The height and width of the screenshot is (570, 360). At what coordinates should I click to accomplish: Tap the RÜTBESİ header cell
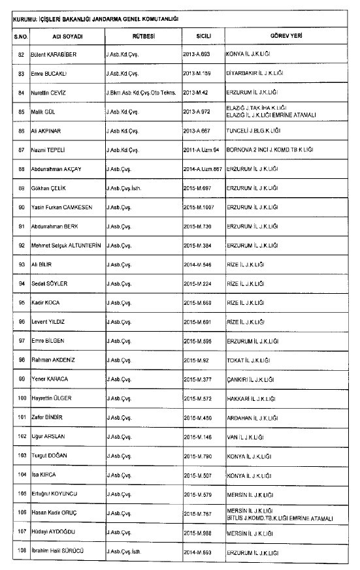pyautogui.click(x=142, y=35)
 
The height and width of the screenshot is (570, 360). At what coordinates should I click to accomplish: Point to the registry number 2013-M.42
pyautogui.click(x=197, y=92)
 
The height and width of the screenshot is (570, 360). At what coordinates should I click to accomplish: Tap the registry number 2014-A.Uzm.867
pyautogui.click(x=204, y=168)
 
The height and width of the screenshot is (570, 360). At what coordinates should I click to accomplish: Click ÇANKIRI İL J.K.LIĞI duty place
pyautogui.click(x=250, y=379)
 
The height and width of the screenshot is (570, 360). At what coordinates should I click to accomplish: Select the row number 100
pyautogui.click(x=19, y=398)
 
